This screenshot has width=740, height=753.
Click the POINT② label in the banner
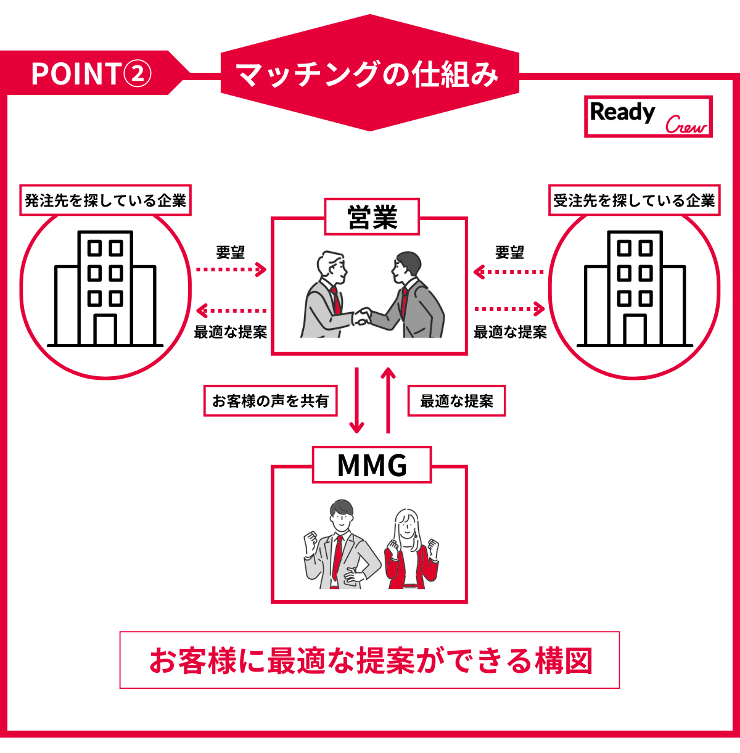tap(91, 74)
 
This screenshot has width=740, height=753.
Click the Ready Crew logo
tap(648, 117)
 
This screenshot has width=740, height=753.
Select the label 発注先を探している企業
tap(105, 200)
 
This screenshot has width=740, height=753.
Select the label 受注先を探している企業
tap(634, 200)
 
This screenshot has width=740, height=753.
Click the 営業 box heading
tap(372, 217)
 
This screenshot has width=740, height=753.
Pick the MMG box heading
tap(372, 465)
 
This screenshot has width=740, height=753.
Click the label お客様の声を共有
tap(270, 401)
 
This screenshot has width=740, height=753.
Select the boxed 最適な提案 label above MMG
tap(456, 401)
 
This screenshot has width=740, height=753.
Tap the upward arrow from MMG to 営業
tap(388, 400)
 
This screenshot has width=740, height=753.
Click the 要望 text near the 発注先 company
tap(231, 252)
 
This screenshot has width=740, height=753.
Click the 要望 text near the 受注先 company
tap(509, 252)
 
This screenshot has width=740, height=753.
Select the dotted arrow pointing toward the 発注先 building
tap(231, 311)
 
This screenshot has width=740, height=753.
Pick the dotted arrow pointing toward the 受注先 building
tap(509, 309)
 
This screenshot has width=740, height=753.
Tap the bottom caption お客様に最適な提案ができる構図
tap(369, 660)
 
